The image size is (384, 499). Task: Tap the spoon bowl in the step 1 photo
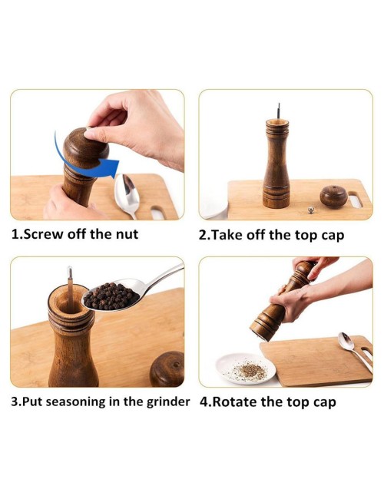pos(127,191)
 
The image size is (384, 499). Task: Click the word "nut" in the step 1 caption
pos(127,234)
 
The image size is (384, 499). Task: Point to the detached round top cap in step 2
pos(333,197)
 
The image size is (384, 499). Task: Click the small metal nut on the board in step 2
pos(310,210)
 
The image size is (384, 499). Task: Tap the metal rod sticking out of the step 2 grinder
pos(279,111)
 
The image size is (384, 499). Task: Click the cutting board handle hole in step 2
pos(356,200)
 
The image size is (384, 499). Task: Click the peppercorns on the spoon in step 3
pos(111,296)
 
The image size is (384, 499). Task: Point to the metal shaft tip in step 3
pos(70,272)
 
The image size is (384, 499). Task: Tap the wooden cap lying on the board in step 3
pos(167,369)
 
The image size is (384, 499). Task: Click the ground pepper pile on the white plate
pos(250,372)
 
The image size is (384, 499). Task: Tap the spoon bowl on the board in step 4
pos(345,341)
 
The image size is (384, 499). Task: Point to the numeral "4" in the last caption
pos(204,402)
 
